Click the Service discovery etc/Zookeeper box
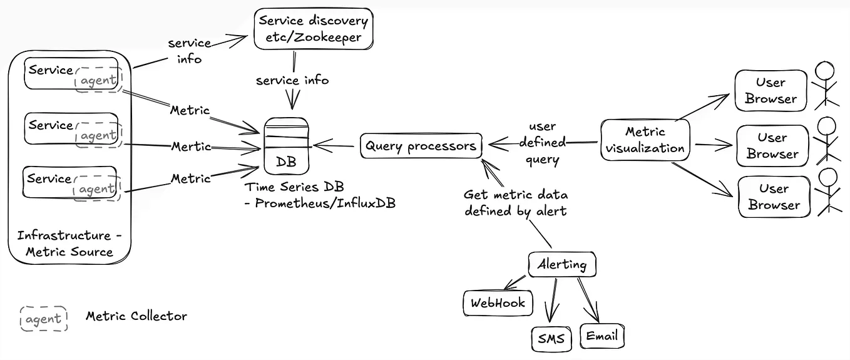click(314, 29)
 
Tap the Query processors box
click(421, 147)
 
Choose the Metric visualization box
click(645, 140)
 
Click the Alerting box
click(561, 265)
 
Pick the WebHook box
click(498, 304)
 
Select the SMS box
click(551, 339)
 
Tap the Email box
click(602, 336)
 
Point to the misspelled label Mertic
click(191, 147)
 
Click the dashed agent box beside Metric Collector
click(43, 319)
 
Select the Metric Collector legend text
click(136, 316)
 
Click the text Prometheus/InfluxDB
click(325, 203)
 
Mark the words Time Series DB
click(294, 187)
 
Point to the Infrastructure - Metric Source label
click(69, 244)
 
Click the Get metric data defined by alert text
click(515, 203)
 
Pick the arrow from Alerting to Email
click(588, 299)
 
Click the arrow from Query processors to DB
click(337, 147)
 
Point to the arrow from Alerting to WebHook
click(516, 282)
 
